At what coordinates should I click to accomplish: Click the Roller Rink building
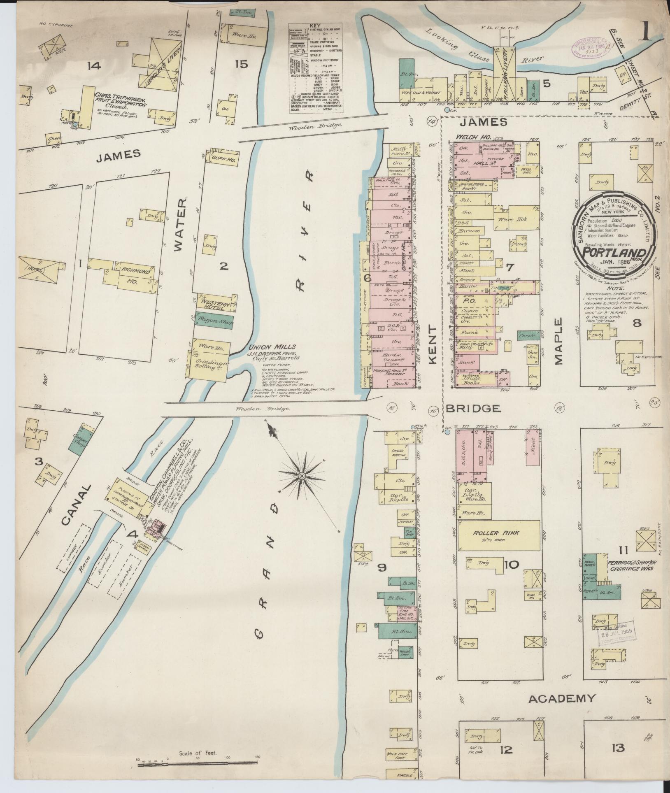pyautogui.click(x=499, y=535)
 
